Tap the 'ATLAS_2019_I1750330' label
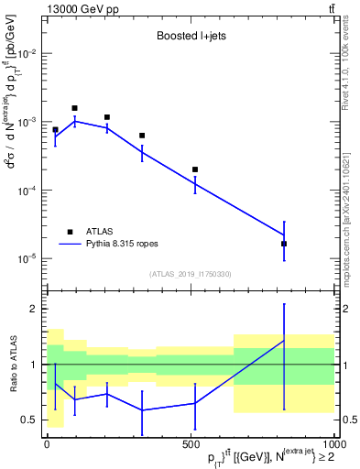(x=189, y=274)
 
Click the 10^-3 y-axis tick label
(x=28, y=122)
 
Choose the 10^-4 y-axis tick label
(x=28, y=191)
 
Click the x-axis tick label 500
(x=191, y=443)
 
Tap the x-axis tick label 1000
(x=332, y=443)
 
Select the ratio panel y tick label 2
(x=33, y=309)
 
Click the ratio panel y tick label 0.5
(x=29, y=420)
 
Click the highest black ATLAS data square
(x=75, y=108)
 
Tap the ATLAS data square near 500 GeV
(x=195, y=169)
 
